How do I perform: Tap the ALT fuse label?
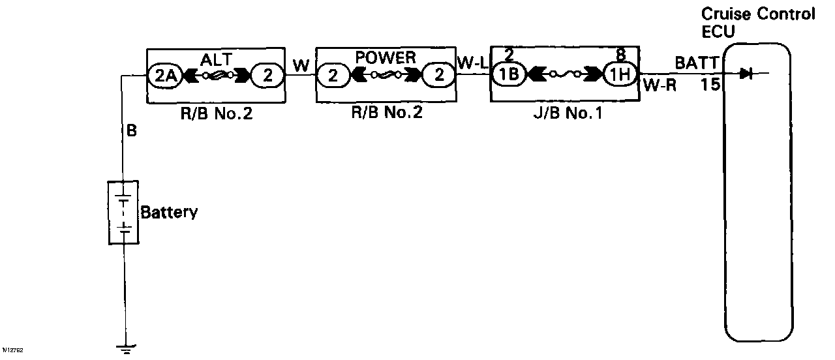215,60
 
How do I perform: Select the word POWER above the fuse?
386,58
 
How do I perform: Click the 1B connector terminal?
509,74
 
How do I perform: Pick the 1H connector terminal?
618,74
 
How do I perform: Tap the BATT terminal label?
696,63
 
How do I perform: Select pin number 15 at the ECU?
710,84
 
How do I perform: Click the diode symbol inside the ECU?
747,74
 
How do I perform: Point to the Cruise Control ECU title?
757,23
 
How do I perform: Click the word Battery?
169,213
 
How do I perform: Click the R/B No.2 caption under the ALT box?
217,114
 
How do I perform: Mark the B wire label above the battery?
131,131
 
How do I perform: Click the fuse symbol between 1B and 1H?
563,74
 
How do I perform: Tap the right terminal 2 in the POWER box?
439,76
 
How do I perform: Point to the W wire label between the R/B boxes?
301,65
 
